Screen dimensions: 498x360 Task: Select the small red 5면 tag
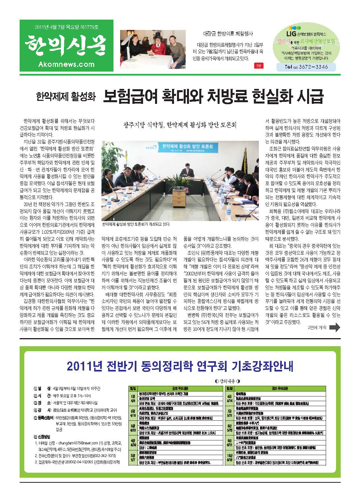coord(258,66)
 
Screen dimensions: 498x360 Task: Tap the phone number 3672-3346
coord(311,67)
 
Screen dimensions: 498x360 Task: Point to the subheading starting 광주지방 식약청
coord(180,125)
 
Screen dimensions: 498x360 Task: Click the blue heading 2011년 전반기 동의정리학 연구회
coord(180,366)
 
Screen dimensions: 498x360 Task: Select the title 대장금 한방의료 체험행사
coord(228,34)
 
